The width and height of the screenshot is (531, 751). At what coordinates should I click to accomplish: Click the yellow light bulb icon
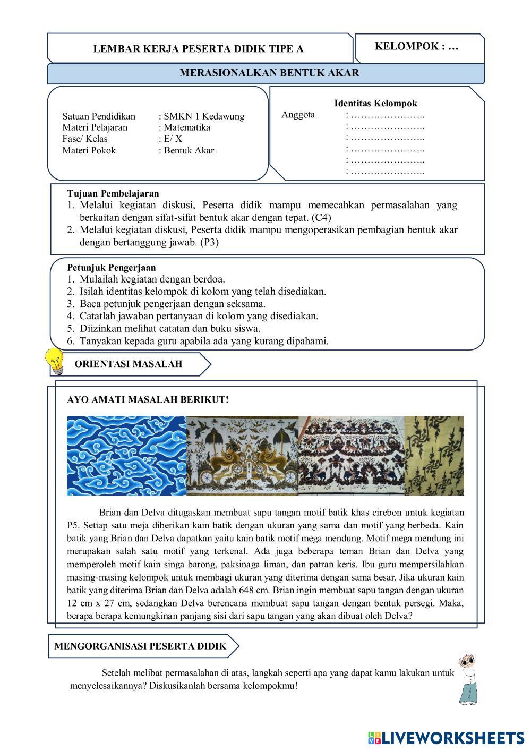coord(55,361)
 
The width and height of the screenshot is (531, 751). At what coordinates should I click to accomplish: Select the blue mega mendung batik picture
coord(126,456)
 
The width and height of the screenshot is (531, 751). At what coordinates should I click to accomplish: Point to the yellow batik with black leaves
coord(434,456)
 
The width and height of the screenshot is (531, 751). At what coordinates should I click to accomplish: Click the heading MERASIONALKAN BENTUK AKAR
coord(269,73)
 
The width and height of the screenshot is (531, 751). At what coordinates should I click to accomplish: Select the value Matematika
coord(187,127)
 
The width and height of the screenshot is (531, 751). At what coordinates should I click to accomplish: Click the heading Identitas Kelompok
coord(375,104)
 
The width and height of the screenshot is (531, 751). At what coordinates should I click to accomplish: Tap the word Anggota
coord(298,115)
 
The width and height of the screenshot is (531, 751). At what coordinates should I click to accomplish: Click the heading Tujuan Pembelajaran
coord(113,193)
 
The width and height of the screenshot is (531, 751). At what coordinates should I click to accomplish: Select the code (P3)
coord(210,242)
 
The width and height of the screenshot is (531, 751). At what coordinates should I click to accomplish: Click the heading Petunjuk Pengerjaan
coord(112,267)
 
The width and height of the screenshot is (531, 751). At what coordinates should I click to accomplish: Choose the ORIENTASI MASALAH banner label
coord(129,364)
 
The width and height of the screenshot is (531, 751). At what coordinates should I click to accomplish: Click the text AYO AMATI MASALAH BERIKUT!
coord(148,399)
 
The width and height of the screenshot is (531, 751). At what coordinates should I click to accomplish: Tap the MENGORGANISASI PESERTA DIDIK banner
coord(140,646)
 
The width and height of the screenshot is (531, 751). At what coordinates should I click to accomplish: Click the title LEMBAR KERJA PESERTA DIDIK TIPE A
coord(199,49)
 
